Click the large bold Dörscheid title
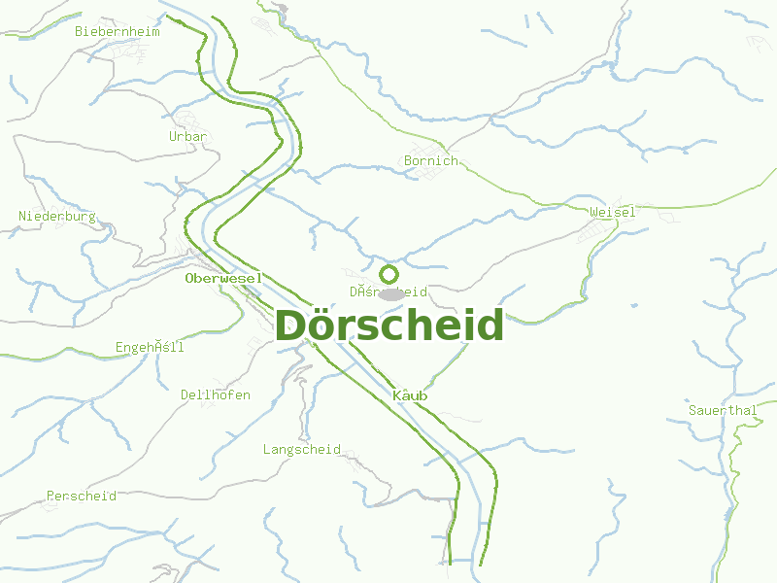click(x=389, y=326)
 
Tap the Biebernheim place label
click(x=117, y=31)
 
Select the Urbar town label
click(x=187, y=137)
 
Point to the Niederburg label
click(x=57, y=216)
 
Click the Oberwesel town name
click(x=223, y=278)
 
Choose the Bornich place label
click(x=430, y=160)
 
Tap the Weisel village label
click(x=612, y=212)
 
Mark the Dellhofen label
click(x=215, y=394)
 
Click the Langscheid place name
click(x=301, y=449)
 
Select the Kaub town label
click(x=410, y=395)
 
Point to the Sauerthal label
click(x=722, y=410)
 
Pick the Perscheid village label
click(x=82, y=496)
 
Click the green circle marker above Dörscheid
click(x=389, y=274)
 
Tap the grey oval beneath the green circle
click(x=390, y=293)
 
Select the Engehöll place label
click(x=150, y=347)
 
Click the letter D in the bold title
click(x=292, y=326)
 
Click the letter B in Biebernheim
click(x=79, y=31)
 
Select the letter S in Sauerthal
click(x=692, y=410)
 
